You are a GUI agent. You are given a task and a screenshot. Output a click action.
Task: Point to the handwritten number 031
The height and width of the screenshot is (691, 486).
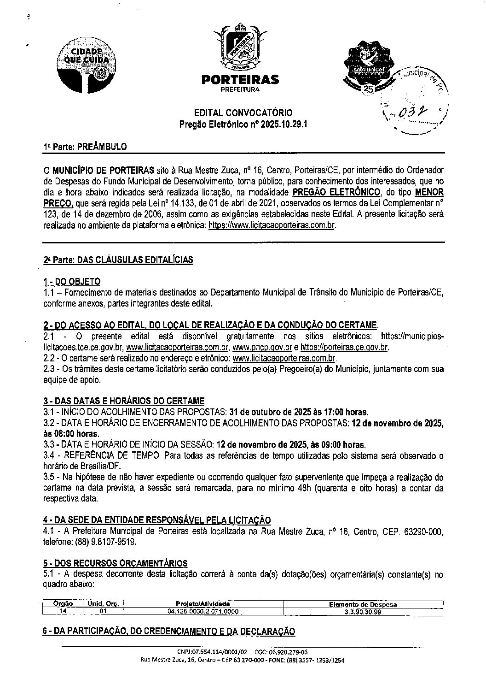407,113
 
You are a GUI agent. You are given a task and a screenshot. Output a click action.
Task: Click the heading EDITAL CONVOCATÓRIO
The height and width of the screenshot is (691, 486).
243,112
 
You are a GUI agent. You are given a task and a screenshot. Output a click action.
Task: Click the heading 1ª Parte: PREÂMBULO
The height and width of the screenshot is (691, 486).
85,147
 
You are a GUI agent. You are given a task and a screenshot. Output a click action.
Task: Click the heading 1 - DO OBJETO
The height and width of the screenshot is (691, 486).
72,282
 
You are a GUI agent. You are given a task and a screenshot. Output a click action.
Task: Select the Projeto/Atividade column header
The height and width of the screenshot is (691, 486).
203,604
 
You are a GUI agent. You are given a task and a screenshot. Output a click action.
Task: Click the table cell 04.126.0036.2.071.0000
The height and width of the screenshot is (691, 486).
203,612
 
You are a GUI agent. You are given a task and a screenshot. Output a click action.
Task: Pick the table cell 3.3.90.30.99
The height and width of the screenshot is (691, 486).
363,612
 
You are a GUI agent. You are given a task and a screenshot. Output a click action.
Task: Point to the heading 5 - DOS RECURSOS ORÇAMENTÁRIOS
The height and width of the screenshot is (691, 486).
115,563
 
